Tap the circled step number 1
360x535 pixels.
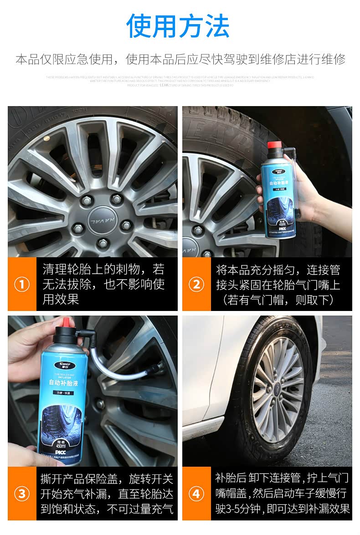coord(22,285)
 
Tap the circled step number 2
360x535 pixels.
coord(196,285)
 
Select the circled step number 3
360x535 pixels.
coord(22,494)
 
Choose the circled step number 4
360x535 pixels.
coord(196,494)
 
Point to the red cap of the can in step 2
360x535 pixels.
coord(273,146)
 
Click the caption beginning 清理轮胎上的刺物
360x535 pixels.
coord(103,285)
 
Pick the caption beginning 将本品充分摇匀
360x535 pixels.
coord(278,285)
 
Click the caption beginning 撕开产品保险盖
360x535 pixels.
coord(107,494)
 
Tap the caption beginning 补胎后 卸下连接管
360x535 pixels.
coord(282,493)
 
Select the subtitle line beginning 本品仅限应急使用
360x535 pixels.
coord(180,59)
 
